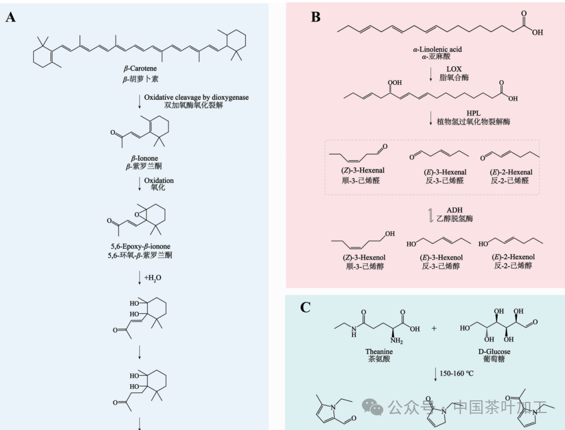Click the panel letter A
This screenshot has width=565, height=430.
pos(11,17)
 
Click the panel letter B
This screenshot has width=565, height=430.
pos(316,17)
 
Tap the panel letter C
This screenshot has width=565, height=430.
pos(305,308)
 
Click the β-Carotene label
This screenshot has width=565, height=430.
pos(140,68)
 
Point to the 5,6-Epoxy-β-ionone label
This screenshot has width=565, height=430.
pos(140,247)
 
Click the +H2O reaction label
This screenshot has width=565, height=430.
pos(153,278)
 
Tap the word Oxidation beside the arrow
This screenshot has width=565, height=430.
pos(159,180)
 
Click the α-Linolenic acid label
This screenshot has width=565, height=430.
pos(437,49)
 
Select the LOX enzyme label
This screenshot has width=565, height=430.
pos(454,69)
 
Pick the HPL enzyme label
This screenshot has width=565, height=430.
pos(473,113)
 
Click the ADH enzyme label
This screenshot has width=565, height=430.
pos(455,210)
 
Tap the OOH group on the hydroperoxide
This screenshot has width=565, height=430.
pos(395,83)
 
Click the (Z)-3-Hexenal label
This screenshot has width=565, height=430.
pos(363,171)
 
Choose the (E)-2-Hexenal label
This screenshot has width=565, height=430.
pos(511,172)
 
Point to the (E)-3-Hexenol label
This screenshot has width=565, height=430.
pos(441,258)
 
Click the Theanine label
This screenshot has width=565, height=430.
pos(379,352)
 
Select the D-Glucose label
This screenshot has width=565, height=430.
pos(495,352)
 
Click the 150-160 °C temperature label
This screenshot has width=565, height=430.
pos(456,373)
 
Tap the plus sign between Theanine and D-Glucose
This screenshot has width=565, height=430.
pos(434,328)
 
